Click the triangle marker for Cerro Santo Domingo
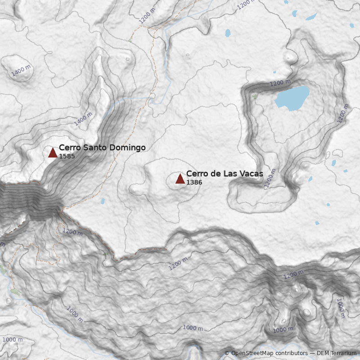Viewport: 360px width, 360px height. (53, 153)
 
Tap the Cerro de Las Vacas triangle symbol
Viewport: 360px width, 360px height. (180, 179)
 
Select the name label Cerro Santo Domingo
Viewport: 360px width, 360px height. (102, 148)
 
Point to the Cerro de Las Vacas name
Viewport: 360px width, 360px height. (225, 174)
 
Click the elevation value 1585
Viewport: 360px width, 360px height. (67, 157)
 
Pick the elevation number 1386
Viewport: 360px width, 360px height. (194, 182)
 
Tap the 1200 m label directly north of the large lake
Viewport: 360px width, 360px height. (280, 83)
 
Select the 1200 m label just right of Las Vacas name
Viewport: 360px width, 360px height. (270, 178)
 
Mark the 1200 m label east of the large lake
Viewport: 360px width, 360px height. (343, 113)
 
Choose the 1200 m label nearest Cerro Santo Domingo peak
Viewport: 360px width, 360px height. (72, 232)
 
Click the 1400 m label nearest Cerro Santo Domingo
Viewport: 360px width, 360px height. (83, 118)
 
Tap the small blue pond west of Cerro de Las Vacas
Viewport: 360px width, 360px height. (103, 201)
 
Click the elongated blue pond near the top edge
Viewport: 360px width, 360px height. (311, 18)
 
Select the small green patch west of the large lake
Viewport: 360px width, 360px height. (255, 96)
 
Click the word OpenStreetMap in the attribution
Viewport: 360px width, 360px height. (252, 353)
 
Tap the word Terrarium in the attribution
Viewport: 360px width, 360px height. (343, 353)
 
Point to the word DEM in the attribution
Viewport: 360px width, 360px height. (323, 353)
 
